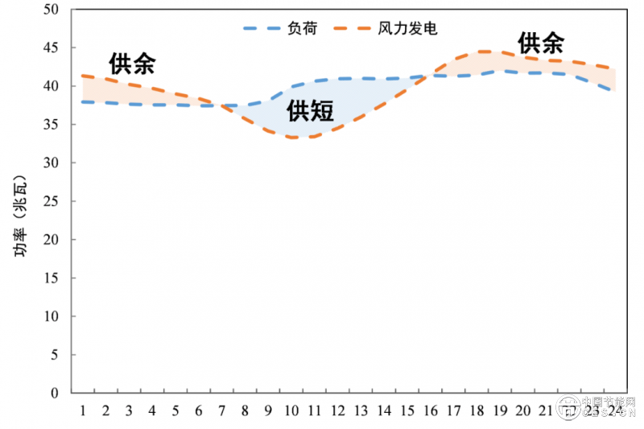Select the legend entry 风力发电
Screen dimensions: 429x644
point(407,28)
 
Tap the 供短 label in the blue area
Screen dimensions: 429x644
point(310,110)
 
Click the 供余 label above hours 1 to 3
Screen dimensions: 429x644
point(132,64)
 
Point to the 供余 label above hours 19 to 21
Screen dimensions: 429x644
point(540,43)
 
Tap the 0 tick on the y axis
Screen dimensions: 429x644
point(56,394)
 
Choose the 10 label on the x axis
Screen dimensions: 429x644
point(291,410)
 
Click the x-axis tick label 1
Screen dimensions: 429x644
point(83,410)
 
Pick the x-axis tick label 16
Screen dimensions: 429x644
point(431,410)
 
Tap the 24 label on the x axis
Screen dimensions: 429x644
point(615,410)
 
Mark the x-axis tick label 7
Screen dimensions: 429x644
point(222,410)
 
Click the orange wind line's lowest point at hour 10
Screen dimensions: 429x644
point(291,138)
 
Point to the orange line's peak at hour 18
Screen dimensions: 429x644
point(477,52)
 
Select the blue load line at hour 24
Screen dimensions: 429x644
point(615,91)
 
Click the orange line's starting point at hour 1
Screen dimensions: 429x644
point(83,76)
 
